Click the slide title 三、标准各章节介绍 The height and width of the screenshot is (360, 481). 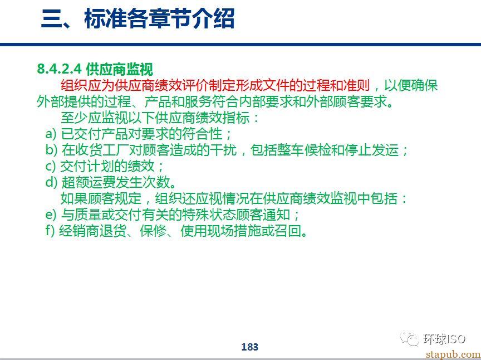click(x=138, y=19)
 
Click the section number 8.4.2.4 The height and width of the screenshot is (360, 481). click(x=60, y=69)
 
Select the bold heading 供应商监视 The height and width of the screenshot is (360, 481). click(x=120, y=69)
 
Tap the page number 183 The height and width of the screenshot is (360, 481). click(x=250, y=347)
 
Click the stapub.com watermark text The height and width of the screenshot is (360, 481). click(x=453, y=354)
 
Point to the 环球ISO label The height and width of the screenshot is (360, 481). click(x=444, y=339)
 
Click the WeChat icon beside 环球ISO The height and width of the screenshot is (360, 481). click(x=410, y=338)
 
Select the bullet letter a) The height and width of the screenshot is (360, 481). click(x=51, y=134)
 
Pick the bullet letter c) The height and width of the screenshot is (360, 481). click(x=51, y=167)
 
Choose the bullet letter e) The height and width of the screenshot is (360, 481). click(x=51, y=215)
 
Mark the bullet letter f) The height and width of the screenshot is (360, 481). click(x=50, y=231)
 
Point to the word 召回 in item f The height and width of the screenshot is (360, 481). click(x=287, y=231)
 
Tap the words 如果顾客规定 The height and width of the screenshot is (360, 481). click(x=101, y=199)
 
